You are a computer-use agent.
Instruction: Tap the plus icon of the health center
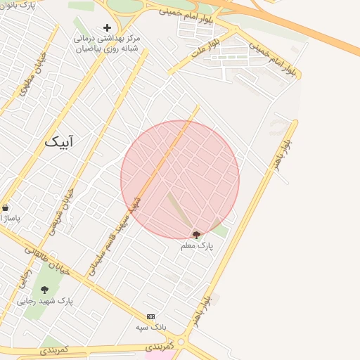click(x=107, y=27)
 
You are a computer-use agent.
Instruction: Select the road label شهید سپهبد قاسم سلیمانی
click(x=112, y=236)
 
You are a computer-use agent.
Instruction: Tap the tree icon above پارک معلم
click(x=196, y=235)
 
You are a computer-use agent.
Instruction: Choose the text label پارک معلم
click(x=196, y=246)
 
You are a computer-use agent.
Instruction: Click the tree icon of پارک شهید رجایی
click(x=44, y=289)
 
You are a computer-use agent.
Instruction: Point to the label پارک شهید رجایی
click(x=45, y=301)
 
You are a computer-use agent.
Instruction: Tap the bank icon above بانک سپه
click(x=150, y=317)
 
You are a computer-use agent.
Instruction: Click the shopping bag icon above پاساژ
click(x=6, y=208)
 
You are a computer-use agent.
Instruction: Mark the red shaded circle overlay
click(x=180, y=180)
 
